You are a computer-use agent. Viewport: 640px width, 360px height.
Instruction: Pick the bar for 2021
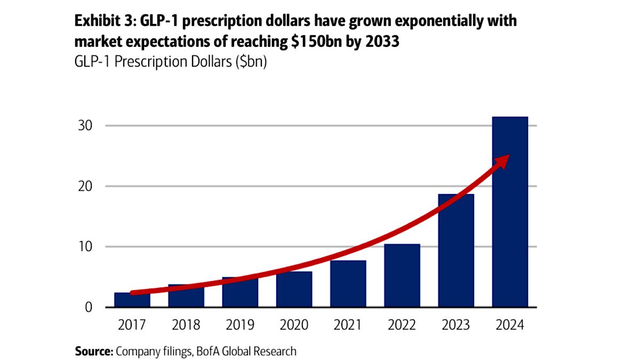tap(348, 285)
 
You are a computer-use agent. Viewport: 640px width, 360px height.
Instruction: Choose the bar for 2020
tap(294, 291)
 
